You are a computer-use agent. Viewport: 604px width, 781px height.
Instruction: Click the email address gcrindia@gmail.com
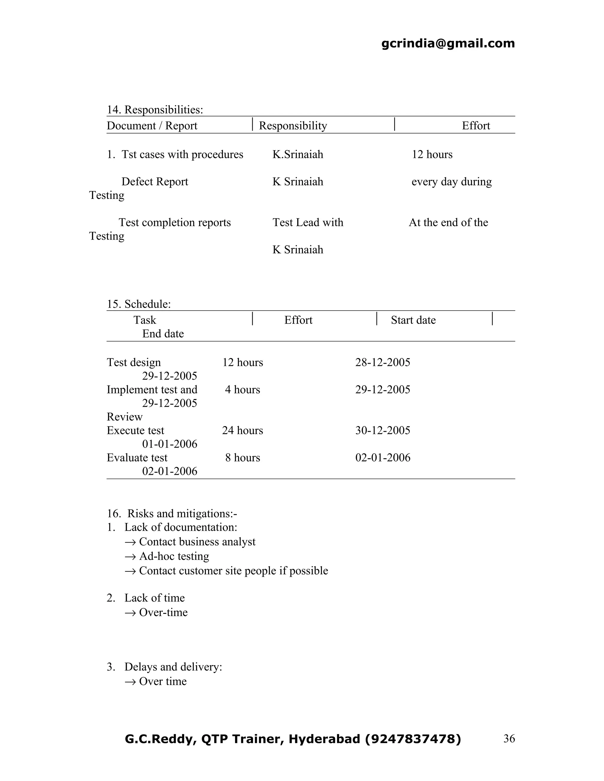tap(448, 43)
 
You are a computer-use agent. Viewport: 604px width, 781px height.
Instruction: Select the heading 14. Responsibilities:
tap(155, 109)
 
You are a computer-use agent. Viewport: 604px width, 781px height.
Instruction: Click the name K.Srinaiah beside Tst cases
tap(298, 154)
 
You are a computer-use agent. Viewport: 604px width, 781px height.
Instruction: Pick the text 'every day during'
tap(451, 182)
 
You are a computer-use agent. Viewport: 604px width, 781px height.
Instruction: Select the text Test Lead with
tap(308, 223)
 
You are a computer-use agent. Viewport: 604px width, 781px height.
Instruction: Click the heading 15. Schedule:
tap(139, 304)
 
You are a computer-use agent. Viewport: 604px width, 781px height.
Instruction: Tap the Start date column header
tap(413, 320)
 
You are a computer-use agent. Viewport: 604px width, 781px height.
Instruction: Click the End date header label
tap(163, 334)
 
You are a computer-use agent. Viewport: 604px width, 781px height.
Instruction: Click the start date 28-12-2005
tap(383, 362)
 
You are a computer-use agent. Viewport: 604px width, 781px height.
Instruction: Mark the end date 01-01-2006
tap(170, 444)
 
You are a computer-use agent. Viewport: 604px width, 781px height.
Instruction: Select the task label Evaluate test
tap(137, 458)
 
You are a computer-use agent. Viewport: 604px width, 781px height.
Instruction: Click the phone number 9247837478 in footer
tap(412, 739)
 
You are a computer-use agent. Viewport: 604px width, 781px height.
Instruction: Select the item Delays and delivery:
tap(173, 667)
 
